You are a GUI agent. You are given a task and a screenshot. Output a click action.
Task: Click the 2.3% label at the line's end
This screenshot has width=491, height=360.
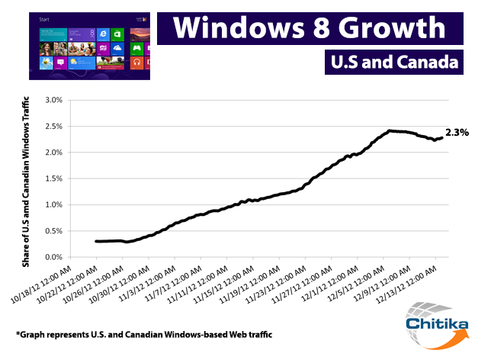click(x=457, y=133)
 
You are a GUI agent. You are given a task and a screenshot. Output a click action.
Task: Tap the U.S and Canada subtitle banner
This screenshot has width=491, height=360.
click(x=393, y=62)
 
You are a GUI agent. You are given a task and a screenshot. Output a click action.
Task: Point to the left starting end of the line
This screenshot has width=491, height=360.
click(x=96, y=241)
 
